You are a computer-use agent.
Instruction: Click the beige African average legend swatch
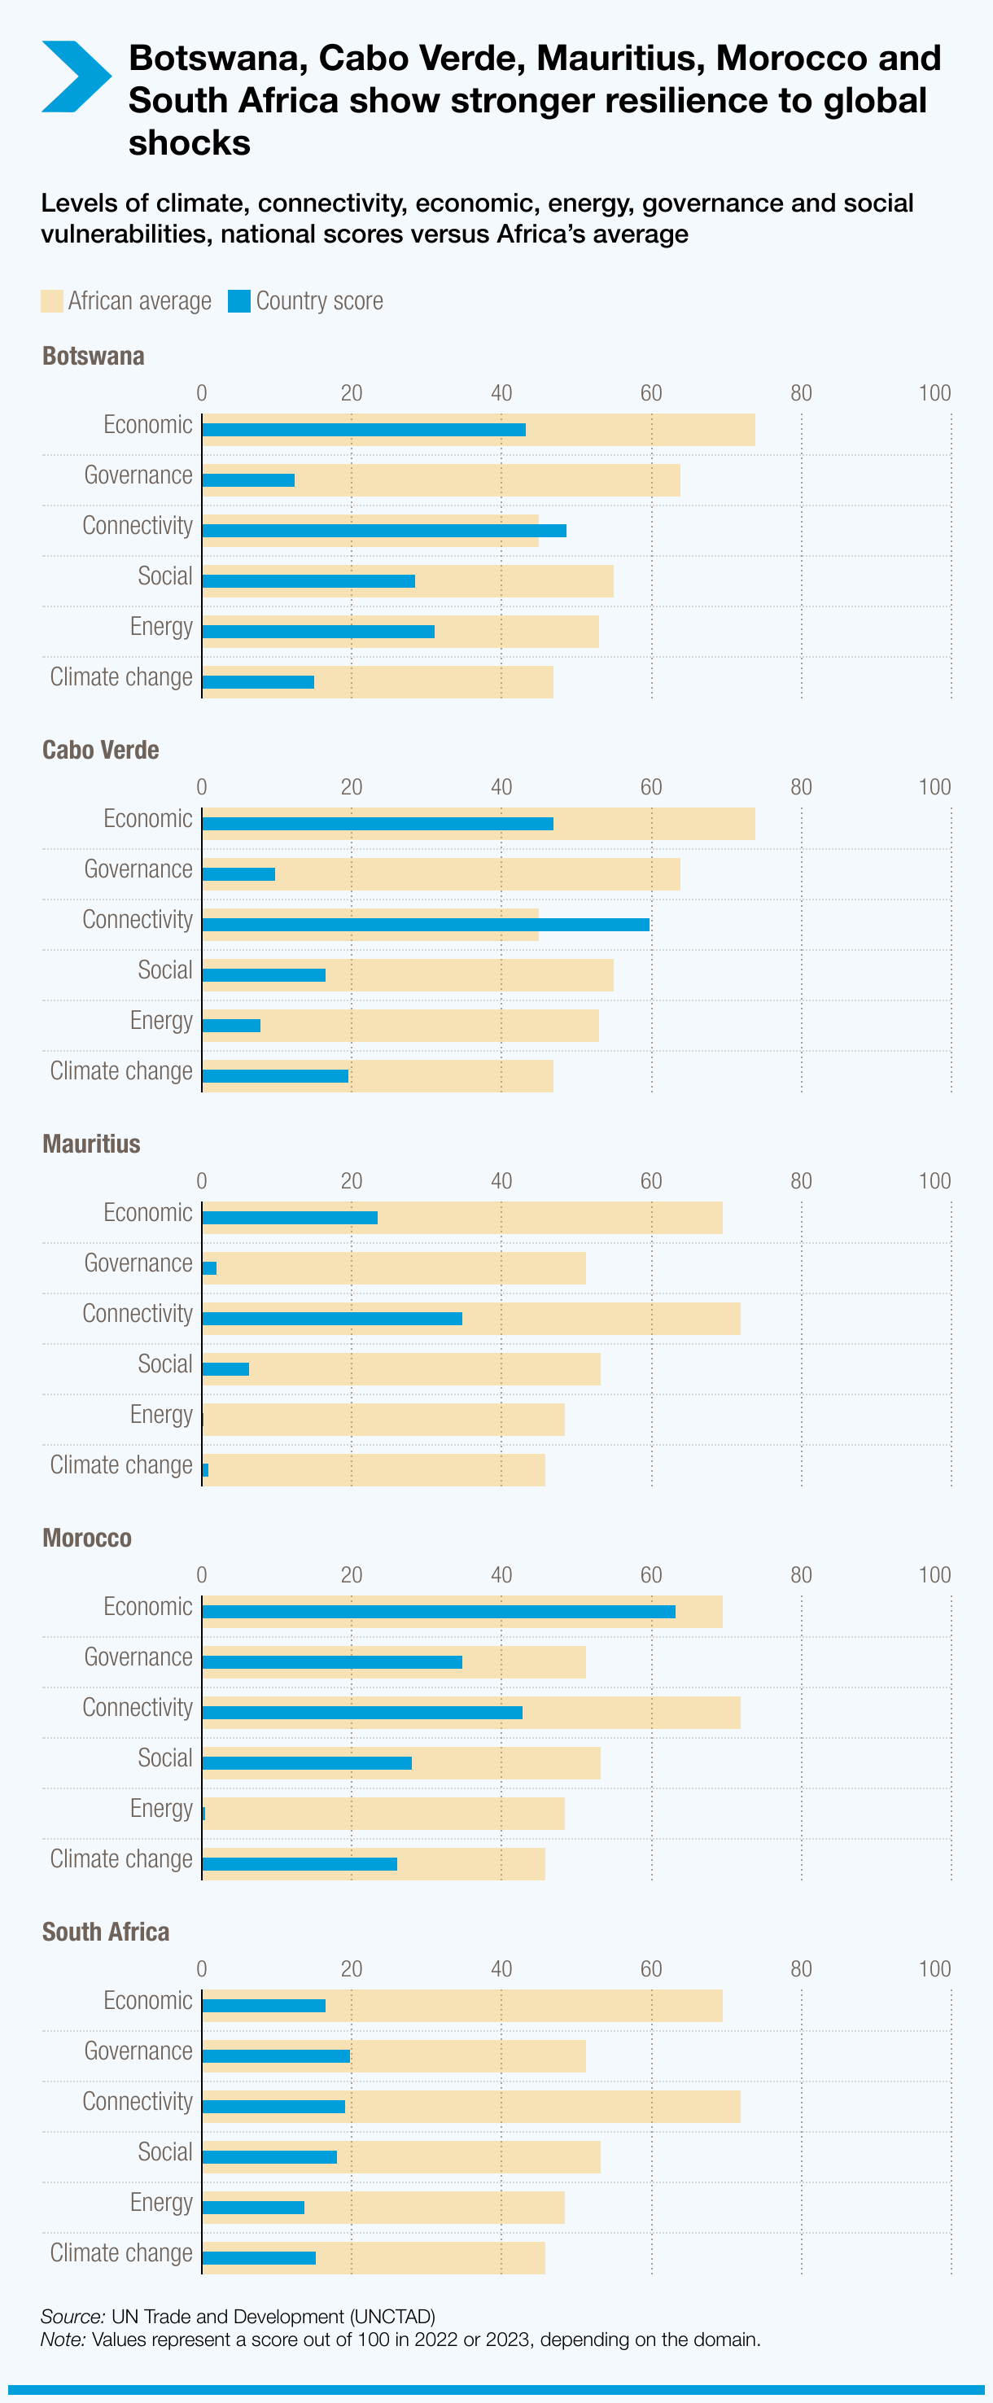[52, 301]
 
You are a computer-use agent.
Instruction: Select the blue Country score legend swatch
[239, 301]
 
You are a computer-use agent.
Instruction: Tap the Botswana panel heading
[94, 357]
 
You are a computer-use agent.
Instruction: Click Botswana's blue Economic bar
[364, 430]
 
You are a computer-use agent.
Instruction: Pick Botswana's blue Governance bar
[248, 480]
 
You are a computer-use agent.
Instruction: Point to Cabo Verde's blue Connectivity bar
[425, 925]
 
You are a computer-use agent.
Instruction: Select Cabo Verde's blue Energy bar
[231, 1025]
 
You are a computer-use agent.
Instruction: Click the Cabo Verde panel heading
[101, 750]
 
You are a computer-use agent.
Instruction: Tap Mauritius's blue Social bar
[225, 1368]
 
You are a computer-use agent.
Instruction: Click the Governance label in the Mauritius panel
[138, 1263]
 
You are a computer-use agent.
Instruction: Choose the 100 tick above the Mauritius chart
[934, 1181]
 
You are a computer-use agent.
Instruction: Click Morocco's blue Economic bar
[438, 1612]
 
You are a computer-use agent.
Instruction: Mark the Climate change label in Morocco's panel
[121, 1859]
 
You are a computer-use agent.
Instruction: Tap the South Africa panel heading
[105, 1932]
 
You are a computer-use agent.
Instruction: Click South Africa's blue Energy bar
[252, 2207]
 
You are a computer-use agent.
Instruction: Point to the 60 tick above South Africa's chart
[651, 1969]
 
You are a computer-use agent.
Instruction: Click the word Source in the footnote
[72, 2316]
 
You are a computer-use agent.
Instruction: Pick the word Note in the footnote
[63, 2340]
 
